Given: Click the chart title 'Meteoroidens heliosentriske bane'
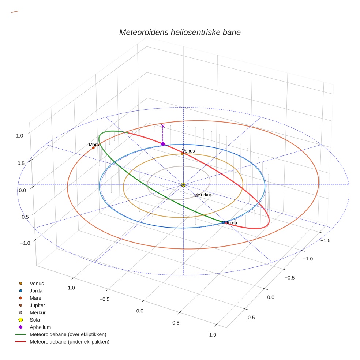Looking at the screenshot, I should [x=180, y=32].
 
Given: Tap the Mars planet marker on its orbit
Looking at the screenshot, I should [x=93, y=148].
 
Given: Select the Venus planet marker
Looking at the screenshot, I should [x=182, y=154].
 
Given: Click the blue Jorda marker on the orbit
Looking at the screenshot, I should [x=224, y=222].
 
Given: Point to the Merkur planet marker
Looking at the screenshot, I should [x=196, y=195].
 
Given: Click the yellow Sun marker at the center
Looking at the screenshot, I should [x=183, y=185].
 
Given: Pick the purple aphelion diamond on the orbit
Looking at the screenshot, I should [x=163, y=144].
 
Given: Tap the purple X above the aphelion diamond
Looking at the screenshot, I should [x=163, y=126].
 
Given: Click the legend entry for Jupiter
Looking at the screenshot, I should [x=37, y=305].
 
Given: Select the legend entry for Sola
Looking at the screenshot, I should [x=35, y=320].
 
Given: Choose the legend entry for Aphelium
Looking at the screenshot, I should [x=40, y=327].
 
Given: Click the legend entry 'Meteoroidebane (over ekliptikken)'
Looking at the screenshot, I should [x=68, y=334].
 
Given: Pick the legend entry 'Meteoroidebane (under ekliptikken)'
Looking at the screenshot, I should [x=70, y=342].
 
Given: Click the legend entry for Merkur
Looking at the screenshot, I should [x=37, y=312].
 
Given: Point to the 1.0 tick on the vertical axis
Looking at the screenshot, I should [x=20, y=135].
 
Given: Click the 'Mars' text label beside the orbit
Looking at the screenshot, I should [x=94, y=145].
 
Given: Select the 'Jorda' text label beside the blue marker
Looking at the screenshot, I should [x=232, y=223].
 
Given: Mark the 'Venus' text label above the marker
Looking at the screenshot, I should [x=188, y=151].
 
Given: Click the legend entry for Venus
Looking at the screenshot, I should [x=37, y=283].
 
